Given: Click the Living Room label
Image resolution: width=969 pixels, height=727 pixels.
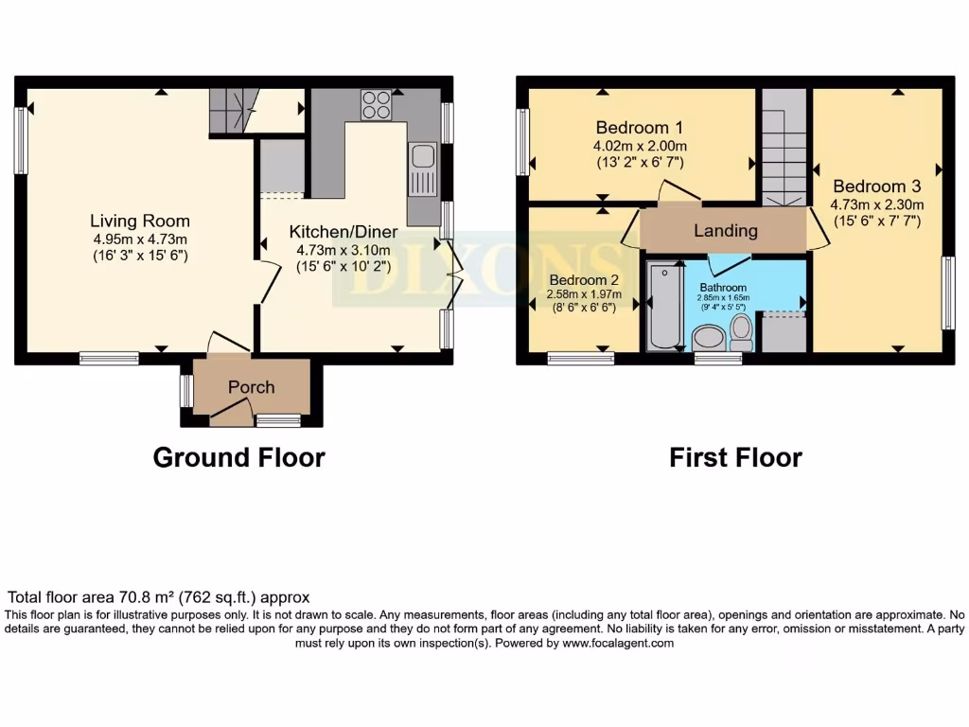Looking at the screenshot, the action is (x=140, y=221).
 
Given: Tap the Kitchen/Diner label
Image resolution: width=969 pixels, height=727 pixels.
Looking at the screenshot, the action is (x=344, y=232).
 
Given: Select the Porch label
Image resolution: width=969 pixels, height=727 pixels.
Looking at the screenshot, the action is (x=251, y=387).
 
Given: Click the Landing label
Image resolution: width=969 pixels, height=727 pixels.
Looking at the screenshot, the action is (x=726, y=231).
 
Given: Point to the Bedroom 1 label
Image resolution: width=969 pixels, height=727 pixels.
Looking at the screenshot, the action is (x=640, y=128).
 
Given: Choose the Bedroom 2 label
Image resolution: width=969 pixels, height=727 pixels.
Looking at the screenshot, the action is (x=584, y=280).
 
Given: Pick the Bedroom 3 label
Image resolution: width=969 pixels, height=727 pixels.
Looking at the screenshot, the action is (x=877, y=186).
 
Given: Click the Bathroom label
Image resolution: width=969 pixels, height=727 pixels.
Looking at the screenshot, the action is (x=723, y=288).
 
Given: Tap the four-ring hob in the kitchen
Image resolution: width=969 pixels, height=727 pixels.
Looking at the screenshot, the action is (x=377, y=104).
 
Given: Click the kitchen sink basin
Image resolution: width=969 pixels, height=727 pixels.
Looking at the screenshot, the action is (x=423, y=156).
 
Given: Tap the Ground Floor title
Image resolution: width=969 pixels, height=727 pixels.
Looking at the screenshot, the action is (x=239, y=457).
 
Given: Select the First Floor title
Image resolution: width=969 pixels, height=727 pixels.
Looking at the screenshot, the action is (x=736, y=458).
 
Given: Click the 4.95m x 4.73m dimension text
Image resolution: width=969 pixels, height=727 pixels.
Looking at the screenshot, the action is (x=140, y=239).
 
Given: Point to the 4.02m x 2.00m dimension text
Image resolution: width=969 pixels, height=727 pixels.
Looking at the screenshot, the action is (x=640, y=147).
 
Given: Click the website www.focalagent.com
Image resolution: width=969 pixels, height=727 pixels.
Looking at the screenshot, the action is (x=617, y=643).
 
